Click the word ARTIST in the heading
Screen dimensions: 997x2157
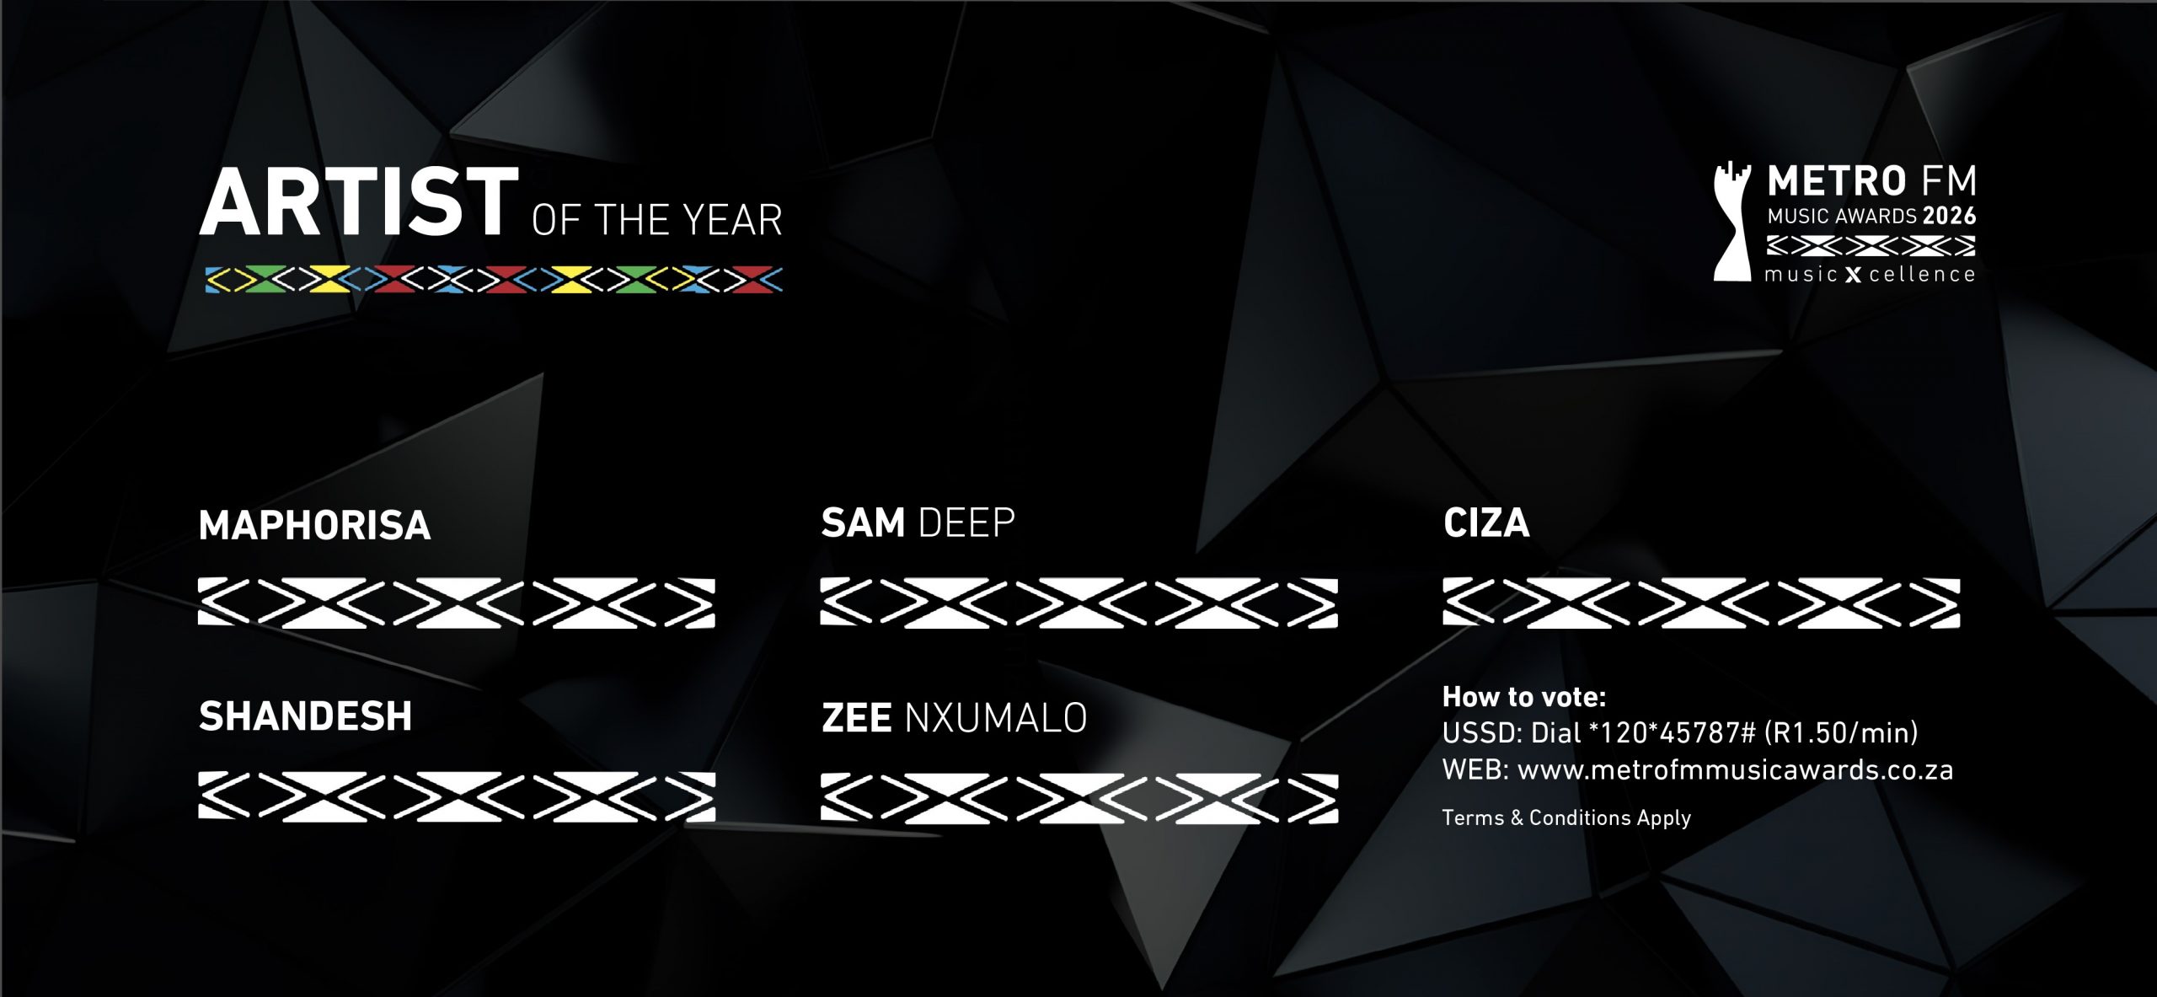[359, 203]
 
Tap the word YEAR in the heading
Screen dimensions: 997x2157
[732, 221]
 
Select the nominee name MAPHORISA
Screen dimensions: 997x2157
[314, 525]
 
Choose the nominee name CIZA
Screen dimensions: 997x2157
[1486, 523]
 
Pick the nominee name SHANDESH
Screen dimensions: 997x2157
[305, 716]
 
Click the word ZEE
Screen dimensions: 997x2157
[856, 718]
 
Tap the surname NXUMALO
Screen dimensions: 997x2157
[995, 718]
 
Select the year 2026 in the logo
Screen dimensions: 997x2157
[1949, 217]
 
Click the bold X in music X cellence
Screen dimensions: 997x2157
[1852, 276]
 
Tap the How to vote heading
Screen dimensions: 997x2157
[1524, 697]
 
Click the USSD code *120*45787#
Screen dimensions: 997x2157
[1671, 733]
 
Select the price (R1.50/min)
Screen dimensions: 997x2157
[1841, 733]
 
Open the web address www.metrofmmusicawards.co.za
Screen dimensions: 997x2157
[1735, 770]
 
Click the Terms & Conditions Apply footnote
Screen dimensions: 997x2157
[1566, 817]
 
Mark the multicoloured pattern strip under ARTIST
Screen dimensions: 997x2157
[494, 280]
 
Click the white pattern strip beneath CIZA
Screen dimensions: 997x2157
[1701, 603]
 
